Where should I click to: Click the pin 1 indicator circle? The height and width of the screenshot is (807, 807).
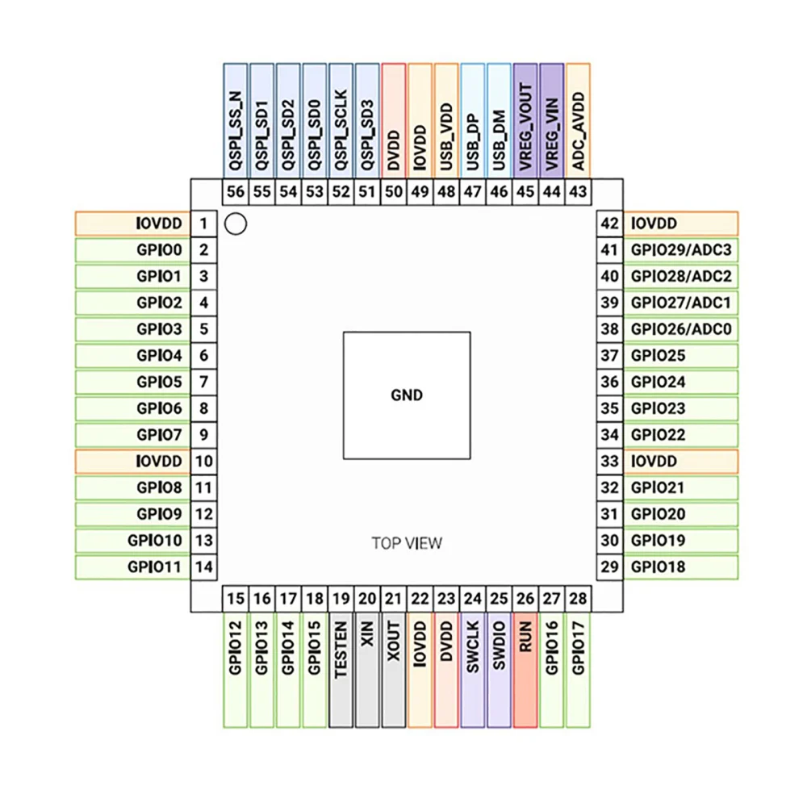click(235, 224)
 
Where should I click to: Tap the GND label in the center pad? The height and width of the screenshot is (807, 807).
click(406, 395)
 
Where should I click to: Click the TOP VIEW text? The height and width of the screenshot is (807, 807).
click(407, 543)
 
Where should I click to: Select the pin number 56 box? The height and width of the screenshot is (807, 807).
click(236, 192)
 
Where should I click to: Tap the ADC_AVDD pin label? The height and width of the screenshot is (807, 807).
click(578, 130)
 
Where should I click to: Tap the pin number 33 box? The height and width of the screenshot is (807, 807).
click(610, 461)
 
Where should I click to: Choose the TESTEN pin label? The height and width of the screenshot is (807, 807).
click(341, 648)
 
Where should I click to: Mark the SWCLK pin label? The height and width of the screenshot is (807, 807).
click(473, 646)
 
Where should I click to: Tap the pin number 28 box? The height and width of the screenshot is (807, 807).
click(578, 599)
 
